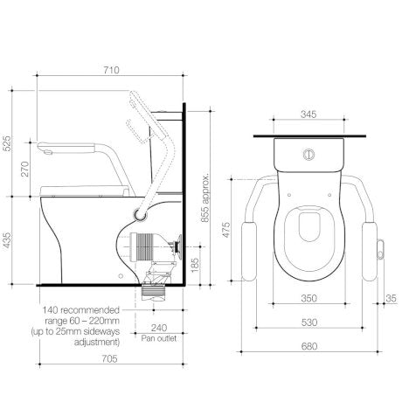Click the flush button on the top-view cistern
307,153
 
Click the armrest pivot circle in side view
139,211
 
